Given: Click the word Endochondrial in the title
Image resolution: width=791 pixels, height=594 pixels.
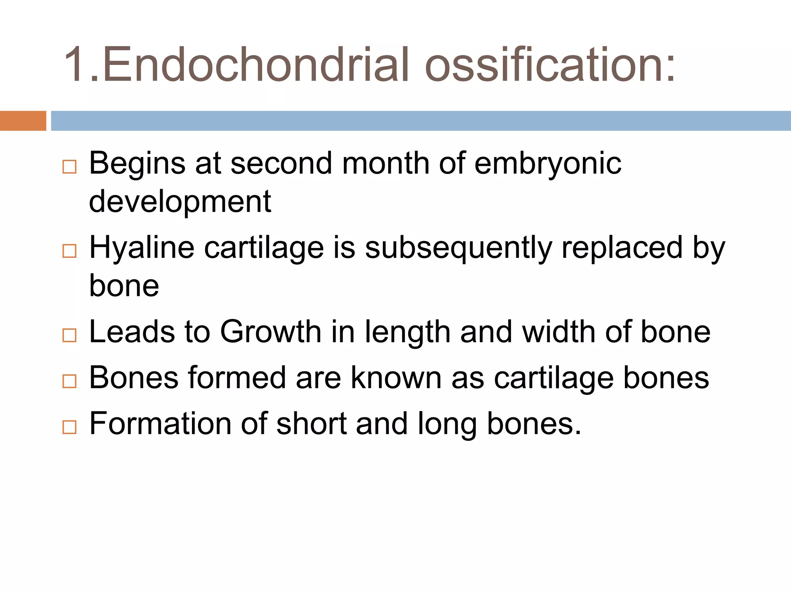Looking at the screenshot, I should click(255, 65).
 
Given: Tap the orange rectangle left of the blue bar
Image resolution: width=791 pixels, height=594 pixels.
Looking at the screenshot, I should click(23, 121).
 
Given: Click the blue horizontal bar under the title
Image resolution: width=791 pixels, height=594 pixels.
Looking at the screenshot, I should click(421, 121).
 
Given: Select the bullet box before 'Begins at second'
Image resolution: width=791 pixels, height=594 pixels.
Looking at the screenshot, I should click(70, 167).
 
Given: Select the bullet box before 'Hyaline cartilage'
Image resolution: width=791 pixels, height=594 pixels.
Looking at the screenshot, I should click(70, 251).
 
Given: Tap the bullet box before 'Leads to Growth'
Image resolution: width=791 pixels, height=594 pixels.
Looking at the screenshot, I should click(70, 335).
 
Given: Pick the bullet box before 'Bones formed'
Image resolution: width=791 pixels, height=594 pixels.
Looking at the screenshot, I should click(70, 381).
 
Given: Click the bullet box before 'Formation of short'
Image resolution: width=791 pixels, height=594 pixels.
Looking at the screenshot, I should click(70, 427).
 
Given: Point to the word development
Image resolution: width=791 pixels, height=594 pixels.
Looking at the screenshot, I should click(180, 202).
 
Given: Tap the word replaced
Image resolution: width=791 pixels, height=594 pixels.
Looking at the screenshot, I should click(622, 247).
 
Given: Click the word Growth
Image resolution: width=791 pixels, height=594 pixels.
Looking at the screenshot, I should click(270, 332).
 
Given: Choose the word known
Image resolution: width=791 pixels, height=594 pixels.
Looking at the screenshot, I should click(396, 378).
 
